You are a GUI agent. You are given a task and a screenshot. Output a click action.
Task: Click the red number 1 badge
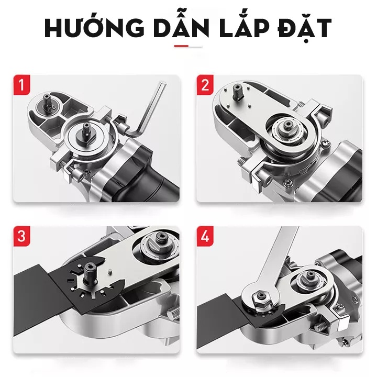19,85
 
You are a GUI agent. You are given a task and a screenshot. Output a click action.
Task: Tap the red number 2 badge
205,85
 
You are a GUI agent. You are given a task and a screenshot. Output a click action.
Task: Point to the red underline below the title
181,47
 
